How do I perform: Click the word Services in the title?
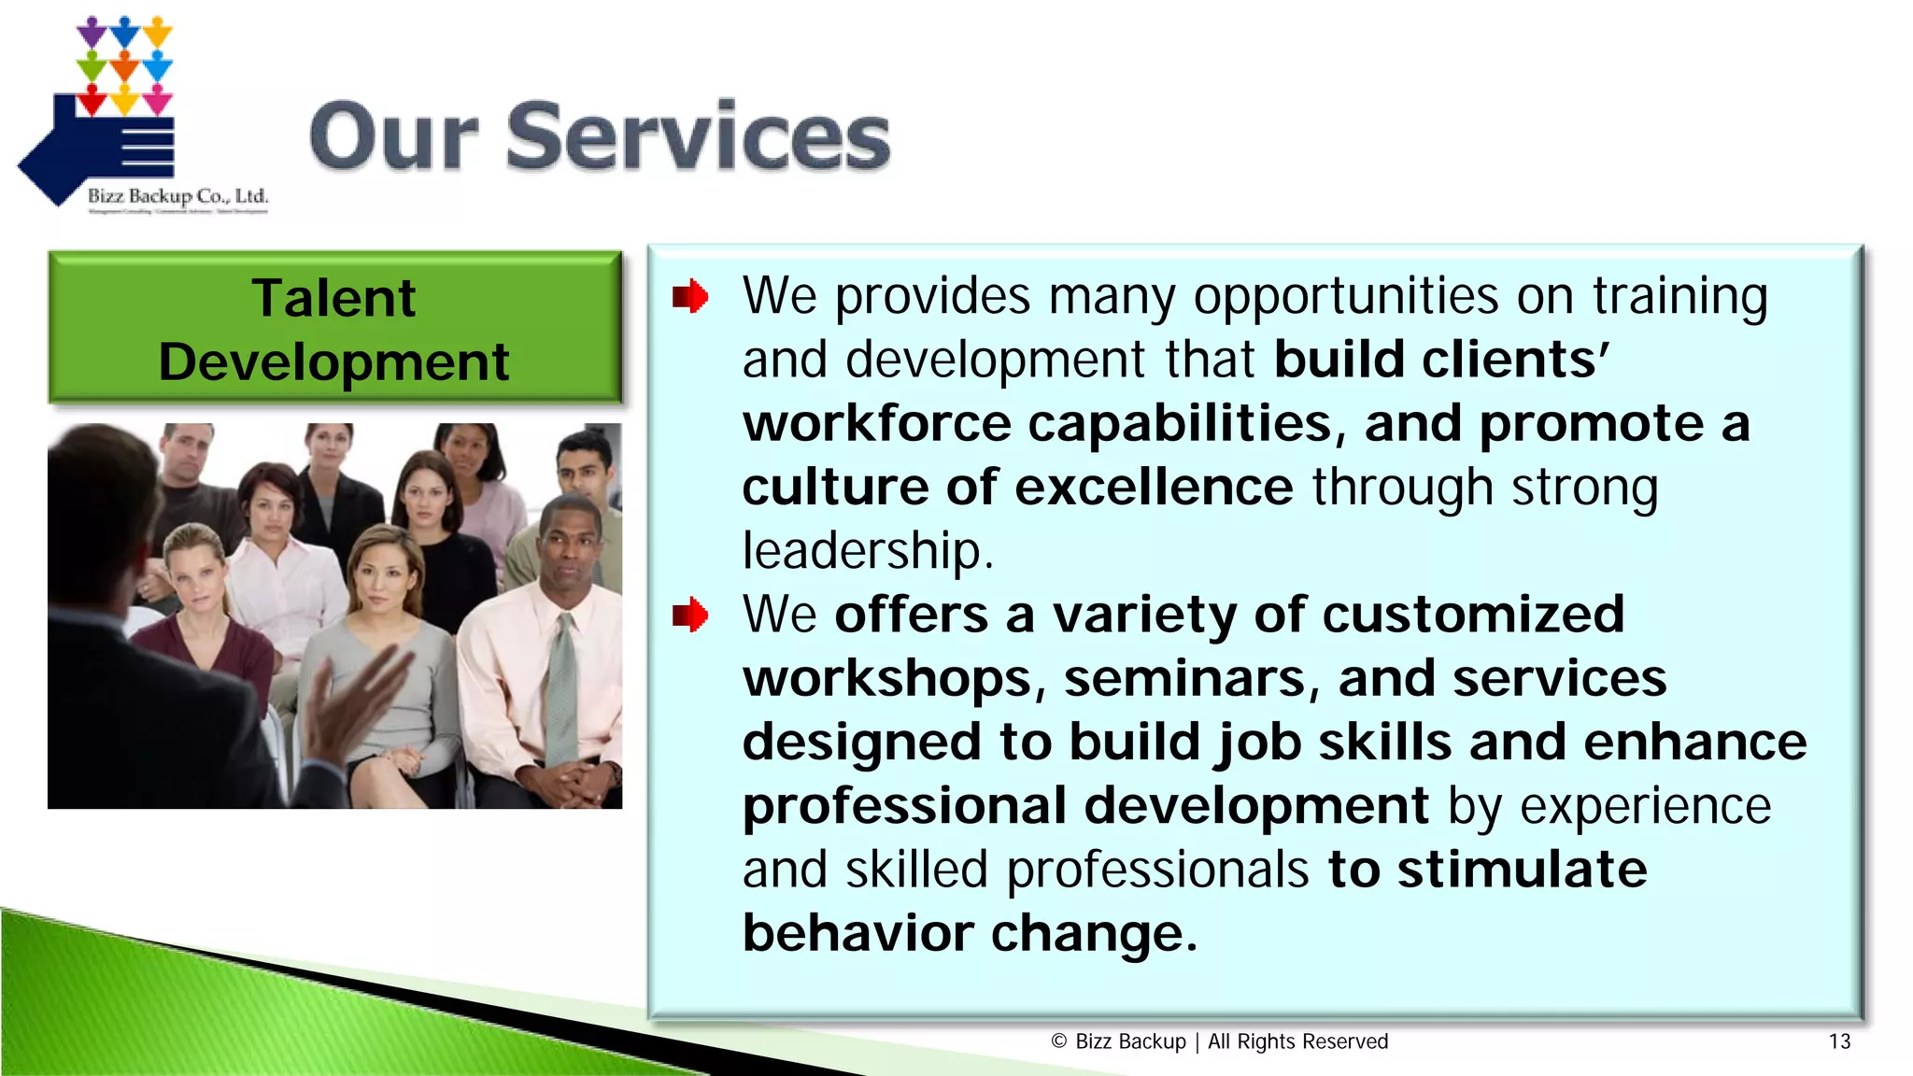tap(698, 138)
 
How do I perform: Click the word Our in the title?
tap(393, 138)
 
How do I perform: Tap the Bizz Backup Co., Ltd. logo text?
tap(177, 196)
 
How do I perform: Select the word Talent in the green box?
tap(333, 299)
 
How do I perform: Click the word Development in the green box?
tap(333, 362)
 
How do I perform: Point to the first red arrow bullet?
tap(690, 297)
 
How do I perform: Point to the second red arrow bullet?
tap(690, 616)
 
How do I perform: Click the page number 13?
tap(1839, 1041)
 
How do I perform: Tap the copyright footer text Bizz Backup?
tap(1130, 1041)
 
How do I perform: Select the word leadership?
tap(866, 551)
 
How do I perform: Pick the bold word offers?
tap(911, 616)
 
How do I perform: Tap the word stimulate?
tap(1522, 870)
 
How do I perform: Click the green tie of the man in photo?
tap(561, 691)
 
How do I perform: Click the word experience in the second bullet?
tap(1645, 806)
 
